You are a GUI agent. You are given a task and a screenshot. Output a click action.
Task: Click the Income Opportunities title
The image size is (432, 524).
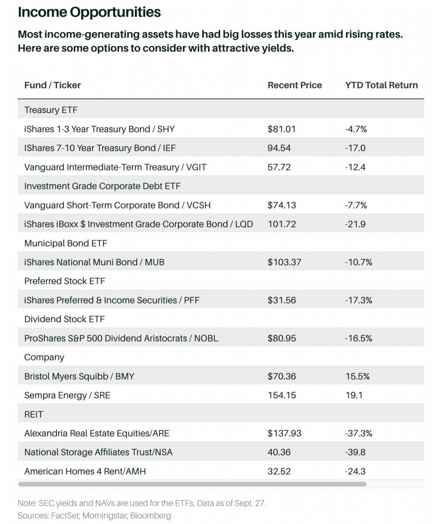tap(89, 12)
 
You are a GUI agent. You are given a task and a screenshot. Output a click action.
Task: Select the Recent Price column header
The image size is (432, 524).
tap(294, 85)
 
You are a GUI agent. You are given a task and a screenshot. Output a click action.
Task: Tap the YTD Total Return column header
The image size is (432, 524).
tap(381, 85)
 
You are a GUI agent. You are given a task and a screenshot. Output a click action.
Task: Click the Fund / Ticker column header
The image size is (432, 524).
tap(52, 85)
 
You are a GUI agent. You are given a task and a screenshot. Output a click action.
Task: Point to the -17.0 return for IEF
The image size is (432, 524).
tap(355, 148)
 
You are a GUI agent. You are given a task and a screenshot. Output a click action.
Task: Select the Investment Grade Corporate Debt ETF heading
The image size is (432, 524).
tap(102, 186)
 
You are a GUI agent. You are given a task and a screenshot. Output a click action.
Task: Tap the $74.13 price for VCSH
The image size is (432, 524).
tap(280, 205)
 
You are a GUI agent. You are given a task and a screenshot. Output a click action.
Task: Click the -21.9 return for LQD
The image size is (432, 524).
tap(355, 224)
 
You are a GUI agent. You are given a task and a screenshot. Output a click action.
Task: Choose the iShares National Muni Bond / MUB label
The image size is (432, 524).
tap(94, 262)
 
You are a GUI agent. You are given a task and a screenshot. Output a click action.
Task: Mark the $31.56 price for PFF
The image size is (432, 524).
tap(280, 300)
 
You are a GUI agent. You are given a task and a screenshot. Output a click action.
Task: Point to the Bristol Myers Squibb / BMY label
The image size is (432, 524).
tap(79, 376)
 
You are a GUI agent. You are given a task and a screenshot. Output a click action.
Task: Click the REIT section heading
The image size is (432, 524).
tap(34, 414)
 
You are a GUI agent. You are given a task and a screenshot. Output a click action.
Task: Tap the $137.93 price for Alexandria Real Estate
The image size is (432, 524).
tap(284, 434)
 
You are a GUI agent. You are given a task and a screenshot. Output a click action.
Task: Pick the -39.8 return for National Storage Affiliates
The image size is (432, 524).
tap(355, 452)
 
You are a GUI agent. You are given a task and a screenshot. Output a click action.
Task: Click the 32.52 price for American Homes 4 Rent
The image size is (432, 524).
tap(279, 472)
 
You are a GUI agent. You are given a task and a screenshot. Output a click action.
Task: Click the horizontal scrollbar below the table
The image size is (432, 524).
tap(192, 484)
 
